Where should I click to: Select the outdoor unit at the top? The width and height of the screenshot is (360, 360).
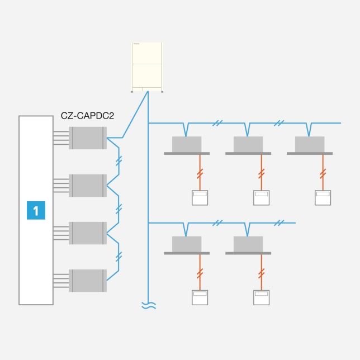148,67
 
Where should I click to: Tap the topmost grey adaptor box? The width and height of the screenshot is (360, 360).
87,138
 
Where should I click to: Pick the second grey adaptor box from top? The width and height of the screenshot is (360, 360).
87,185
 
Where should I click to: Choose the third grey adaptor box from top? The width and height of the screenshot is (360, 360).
87,233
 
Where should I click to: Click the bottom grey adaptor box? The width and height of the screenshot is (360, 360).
87,280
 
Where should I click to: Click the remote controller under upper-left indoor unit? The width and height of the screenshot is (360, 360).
200,198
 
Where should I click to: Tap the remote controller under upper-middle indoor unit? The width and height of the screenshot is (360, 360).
261,198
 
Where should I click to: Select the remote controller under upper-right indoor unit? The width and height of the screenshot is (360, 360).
323,198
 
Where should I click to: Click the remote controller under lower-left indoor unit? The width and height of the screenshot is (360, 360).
200,297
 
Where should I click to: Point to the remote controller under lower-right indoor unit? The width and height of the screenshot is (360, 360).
261,297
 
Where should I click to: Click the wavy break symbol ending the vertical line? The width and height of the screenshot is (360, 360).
148,305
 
